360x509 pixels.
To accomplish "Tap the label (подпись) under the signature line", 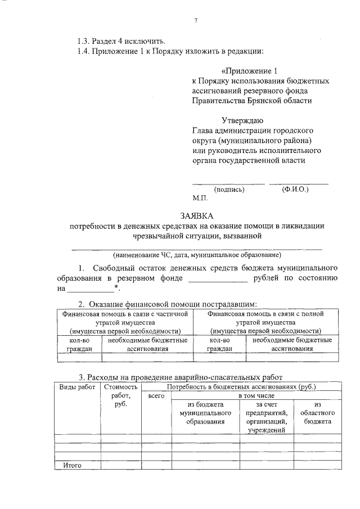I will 229,189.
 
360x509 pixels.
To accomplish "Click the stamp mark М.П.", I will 200,198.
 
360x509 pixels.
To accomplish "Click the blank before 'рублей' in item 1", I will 217,278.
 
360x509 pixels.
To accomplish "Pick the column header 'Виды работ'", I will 77,387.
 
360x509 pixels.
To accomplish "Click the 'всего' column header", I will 155,396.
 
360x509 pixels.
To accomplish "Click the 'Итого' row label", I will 72,465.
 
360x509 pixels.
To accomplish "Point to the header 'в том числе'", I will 255,396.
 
